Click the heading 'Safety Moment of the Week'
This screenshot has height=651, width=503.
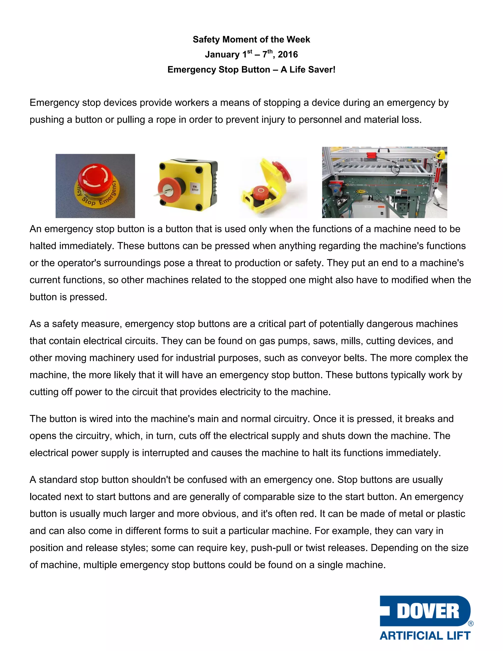pos(251,39)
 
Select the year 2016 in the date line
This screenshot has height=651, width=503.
pos(288,55)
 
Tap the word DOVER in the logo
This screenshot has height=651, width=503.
pos(428,612)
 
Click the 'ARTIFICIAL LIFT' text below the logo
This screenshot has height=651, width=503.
pos(425,635)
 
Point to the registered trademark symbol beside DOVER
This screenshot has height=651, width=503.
pos(471,623)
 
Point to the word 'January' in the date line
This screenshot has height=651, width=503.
pos(222,55)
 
